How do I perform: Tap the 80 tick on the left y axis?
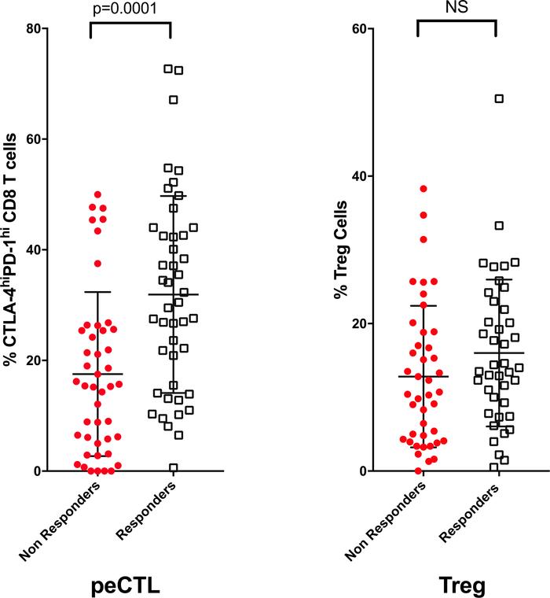(x=35, y=28)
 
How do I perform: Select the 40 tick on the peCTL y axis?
(x=35, y=249)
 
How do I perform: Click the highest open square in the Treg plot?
(x=499, y=98)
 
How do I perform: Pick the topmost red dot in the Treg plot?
(x=423, y=189)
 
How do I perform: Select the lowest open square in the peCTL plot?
(x=173, y=467)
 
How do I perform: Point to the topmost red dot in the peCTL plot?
(x=97, y=194)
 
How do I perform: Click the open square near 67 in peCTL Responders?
(x=174, y=100)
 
